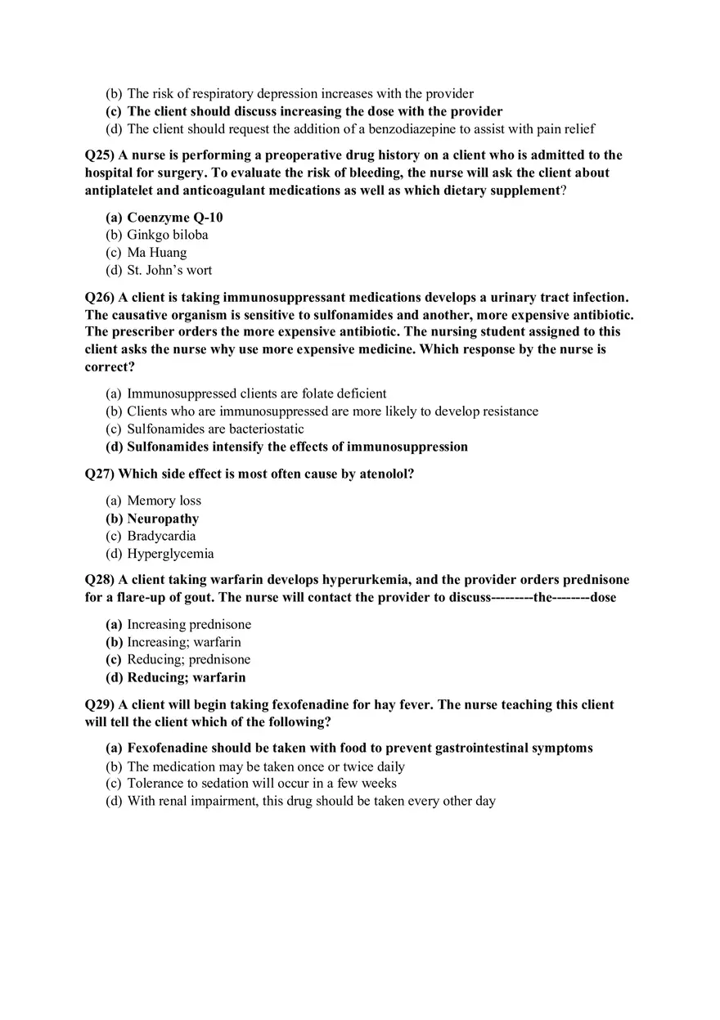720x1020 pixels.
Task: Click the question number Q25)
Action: point(100,155)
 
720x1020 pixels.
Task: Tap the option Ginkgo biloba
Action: point(167,235)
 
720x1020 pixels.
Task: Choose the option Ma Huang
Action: point(156,253)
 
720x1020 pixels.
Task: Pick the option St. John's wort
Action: point(169,270)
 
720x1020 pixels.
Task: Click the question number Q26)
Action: point(100,298)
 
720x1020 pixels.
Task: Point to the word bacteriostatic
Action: point(266,429)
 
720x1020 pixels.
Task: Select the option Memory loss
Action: point(164,501)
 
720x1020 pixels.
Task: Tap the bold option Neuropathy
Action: point(163,519)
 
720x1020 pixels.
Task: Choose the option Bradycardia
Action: point(161,536)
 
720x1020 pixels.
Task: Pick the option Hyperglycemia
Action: point(170,554)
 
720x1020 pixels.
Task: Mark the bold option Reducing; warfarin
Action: point(186,677)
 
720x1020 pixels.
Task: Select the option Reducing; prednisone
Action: point(188,659)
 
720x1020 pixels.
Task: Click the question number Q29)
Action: point(100,705)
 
